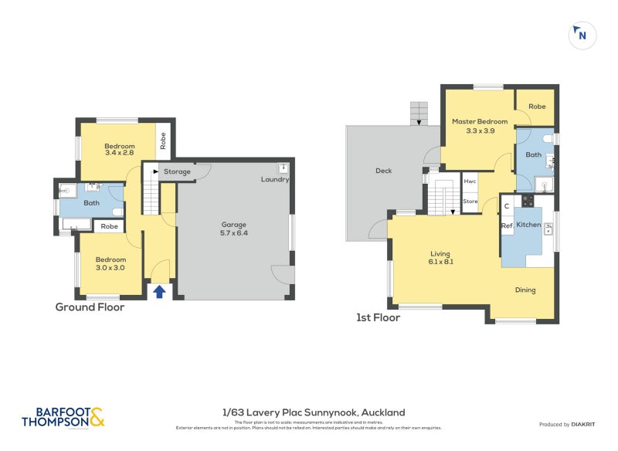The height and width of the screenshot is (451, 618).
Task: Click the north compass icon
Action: point(582,35)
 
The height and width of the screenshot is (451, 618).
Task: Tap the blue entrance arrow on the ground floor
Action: point(160,291)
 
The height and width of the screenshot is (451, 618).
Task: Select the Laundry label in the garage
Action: point(275,180)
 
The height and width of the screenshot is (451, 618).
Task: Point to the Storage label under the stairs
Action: point(177,171)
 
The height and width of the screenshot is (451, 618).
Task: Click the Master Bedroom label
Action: point(480,126)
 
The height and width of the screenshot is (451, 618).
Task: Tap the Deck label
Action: point(384,171)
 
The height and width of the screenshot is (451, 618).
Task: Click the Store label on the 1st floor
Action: point(470,202)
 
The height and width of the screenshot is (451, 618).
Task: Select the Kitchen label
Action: point(529,225)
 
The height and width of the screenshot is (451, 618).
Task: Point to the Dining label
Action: point(525,290)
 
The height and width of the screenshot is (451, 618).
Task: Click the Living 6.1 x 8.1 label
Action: point(440,257)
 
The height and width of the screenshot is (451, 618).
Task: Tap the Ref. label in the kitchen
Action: point(508,225)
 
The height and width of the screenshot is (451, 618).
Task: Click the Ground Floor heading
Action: point(90,307)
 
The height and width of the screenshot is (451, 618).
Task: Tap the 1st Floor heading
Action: point(378,317)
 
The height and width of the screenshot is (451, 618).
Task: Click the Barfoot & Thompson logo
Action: point(62,417)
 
